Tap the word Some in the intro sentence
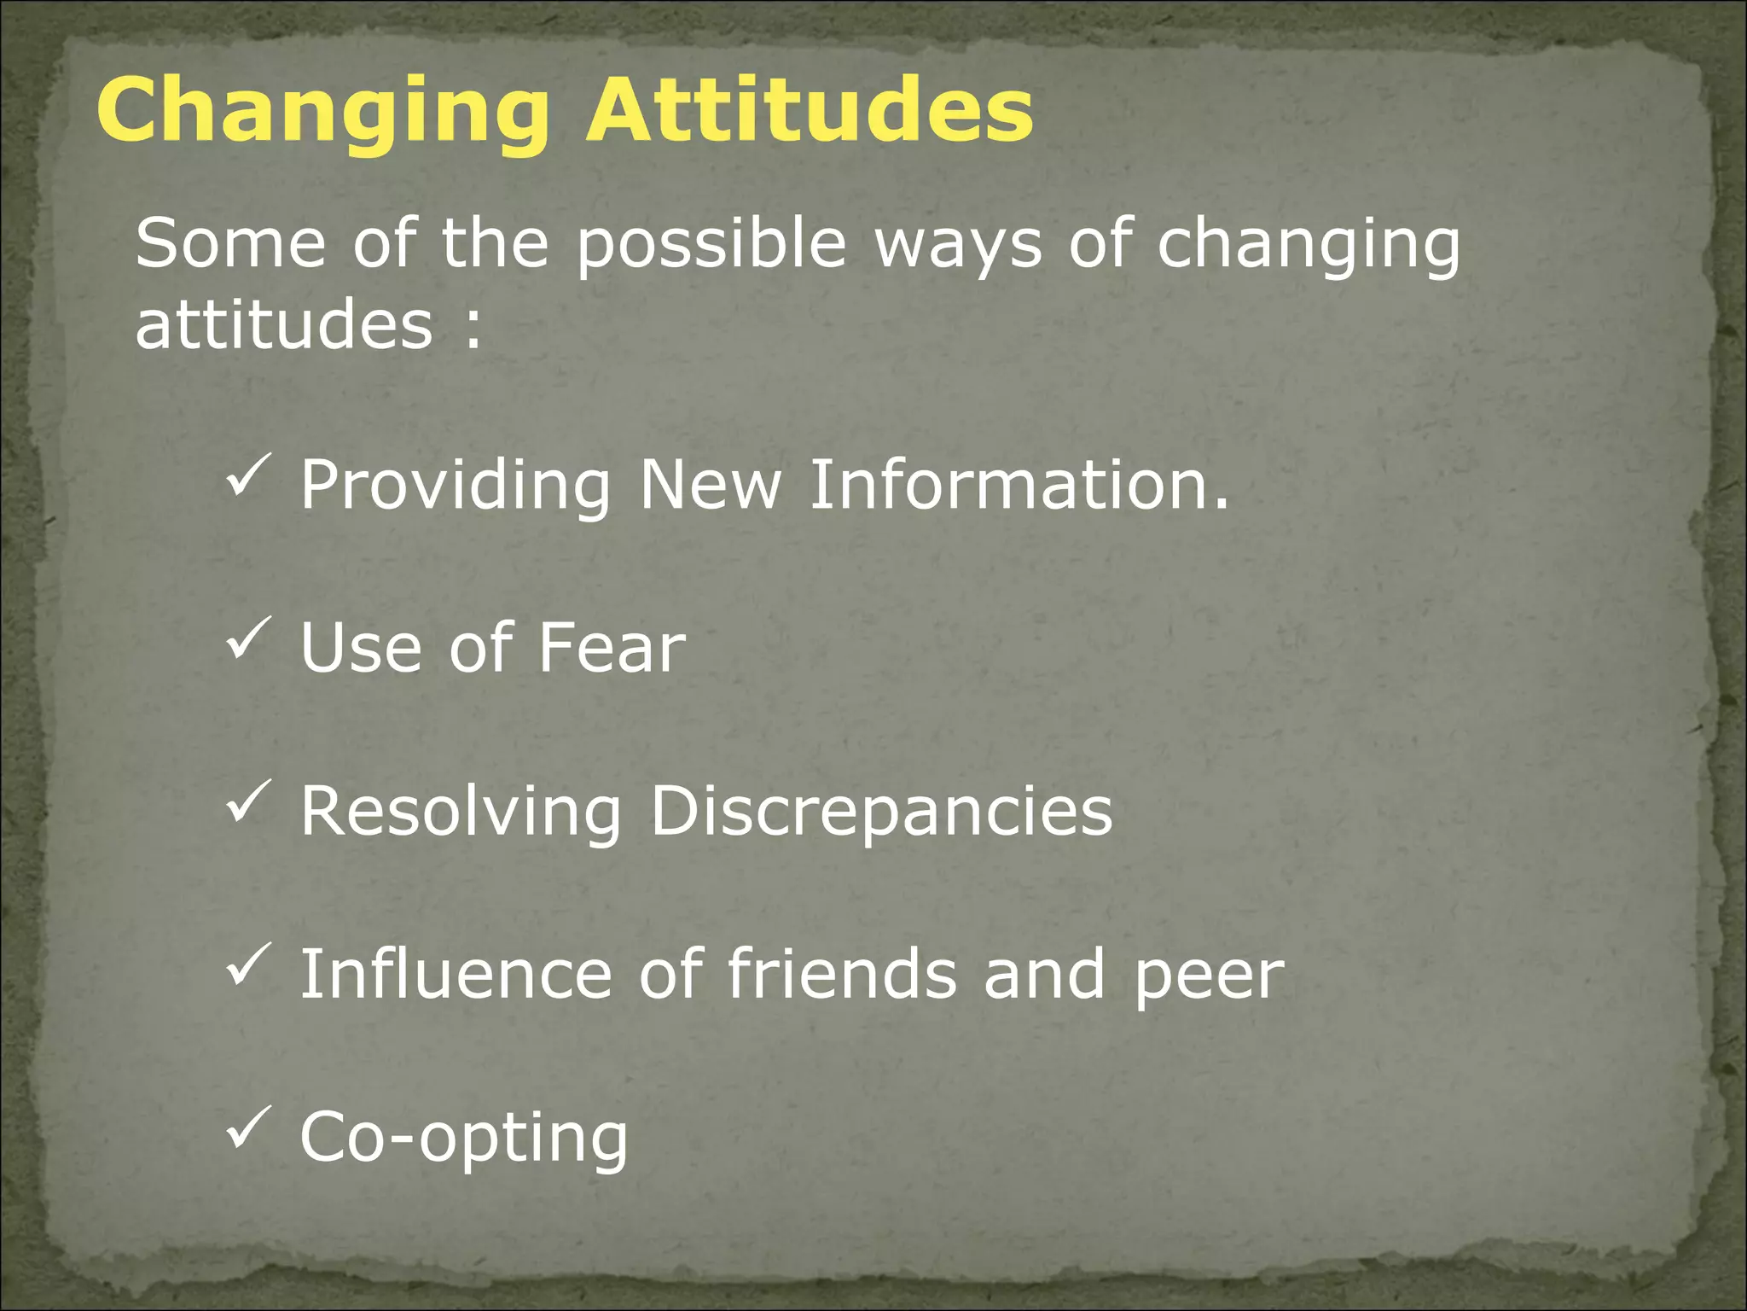230,244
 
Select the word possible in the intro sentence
711,246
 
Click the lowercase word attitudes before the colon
284,325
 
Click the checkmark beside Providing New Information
248,475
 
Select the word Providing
455,486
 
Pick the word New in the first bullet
710,484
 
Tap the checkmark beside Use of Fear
248,638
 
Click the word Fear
611,647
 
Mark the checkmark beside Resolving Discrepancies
248,801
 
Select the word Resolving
461,812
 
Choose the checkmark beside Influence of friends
248,964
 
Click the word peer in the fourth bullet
1208,976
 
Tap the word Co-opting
463,1139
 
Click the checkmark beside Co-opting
248,1127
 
